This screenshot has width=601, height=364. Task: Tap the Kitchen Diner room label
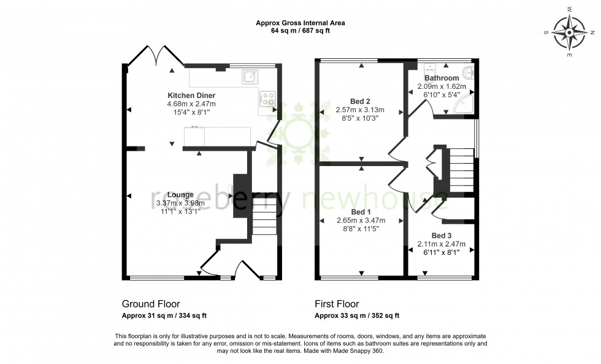point(191,96)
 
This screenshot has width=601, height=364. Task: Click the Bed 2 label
point(360,101)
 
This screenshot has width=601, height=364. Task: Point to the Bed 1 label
point(361,212)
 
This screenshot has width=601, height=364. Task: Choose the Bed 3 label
point(442,235)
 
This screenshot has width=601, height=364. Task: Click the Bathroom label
point(442,78)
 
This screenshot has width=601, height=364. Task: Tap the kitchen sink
point(250,76)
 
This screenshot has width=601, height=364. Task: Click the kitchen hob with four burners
point(268,99)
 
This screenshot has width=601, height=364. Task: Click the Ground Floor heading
point(151,304)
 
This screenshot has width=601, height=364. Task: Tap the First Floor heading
point(337,304)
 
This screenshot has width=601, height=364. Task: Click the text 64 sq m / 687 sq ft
point(300,31)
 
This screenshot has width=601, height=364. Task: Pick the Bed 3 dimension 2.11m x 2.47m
point(442,244)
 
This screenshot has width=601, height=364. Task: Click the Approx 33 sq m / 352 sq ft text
point(357,316)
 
